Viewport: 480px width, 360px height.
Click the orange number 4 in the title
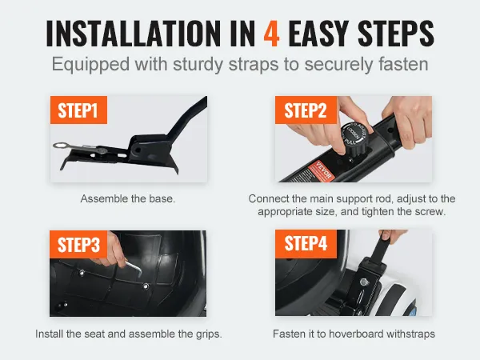[271, 34]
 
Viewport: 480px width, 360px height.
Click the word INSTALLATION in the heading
[133, 34]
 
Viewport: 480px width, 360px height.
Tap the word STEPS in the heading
[396, 34]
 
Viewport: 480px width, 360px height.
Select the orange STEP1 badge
[78, 110]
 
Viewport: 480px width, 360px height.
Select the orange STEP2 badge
[306, 110]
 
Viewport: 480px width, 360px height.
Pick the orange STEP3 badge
[78, 244]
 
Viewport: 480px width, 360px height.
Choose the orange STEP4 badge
[306, 243]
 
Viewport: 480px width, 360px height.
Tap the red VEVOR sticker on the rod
[319, 171]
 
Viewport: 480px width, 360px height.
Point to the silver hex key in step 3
[134, 267]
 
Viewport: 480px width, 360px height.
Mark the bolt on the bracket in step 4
[364, 282]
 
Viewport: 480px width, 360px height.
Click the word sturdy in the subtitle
[198, 65]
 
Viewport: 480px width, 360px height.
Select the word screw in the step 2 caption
[429, 211]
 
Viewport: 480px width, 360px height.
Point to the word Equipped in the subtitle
[90, 66]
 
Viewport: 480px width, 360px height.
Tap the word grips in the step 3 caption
[209, 334]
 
